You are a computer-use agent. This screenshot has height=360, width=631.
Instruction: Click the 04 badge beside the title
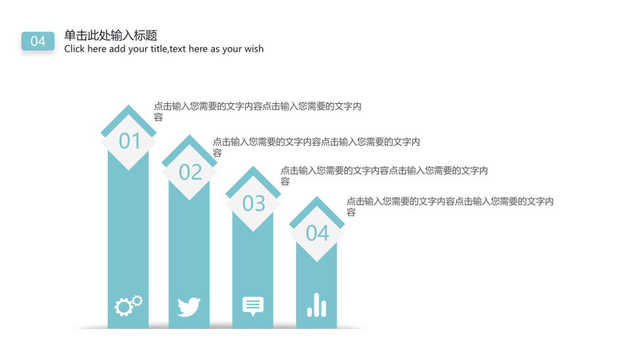38,41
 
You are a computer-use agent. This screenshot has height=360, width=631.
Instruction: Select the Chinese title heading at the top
110,35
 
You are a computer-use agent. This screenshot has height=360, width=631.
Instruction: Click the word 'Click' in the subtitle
74,49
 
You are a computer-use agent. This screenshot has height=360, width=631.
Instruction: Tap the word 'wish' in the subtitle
254,49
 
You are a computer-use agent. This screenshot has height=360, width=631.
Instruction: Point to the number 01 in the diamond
129,141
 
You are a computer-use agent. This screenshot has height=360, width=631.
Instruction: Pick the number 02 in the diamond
191,172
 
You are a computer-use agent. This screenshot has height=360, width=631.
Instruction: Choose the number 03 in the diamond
254,203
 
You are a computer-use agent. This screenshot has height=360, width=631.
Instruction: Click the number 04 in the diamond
317,233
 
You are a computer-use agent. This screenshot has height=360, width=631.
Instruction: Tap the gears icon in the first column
128,305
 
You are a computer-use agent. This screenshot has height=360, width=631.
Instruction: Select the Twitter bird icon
189,307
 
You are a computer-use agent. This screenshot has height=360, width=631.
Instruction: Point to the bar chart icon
317,305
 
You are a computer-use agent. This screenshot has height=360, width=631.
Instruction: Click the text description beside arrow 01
258,112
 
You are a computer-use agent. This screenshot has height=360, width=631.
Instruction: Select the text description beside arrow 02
316,147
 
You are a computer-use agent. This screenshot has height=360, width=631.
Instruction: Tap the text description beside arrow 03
385,176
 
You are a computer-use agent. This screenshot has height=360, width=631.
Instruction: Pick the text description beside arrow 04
450,206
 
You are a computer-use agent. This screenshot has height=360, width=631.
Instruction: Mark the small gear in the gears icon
137,300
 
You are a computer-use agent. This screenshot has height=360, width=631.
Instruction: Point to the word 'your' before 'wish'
232,49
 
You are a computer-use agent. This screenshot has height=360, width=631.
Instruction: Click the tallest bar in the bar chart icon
317,305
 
